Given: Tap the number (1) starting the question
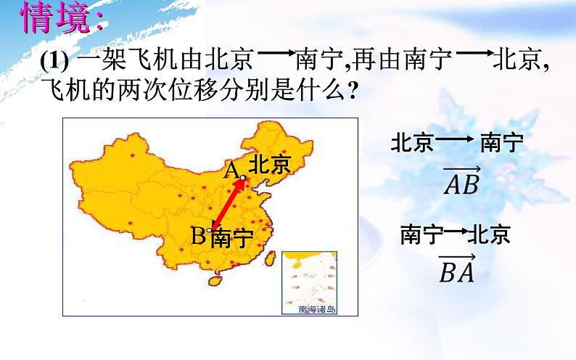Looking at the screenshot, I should pyautogui.click(x=54, y=63).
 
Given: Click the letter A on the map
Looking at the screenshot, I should pyautogui.click(x=231, y=170).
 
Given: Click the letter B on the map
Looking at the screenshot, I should pyautogui.click(x=197, y=235).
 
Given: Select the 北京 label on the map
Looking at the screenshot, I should pyautogui.click(x=269, y=165).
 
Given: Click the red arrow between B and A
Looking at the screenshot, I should pyautogui.click(x=227, y=203).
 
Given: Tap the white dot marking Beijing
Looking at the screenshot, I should pyautogui.click(x=243, y=177).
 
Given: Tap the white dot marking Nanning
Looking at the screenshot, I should pyautogui.click(x=209, y=230).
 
